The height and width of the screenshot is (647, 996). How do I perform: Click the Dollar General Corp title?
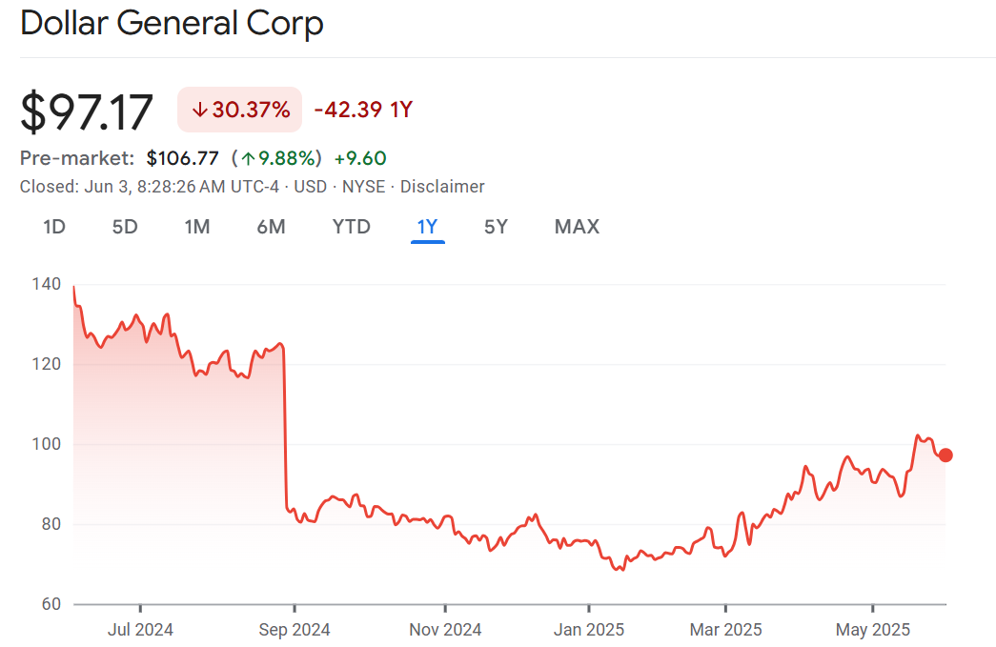pos(172,24)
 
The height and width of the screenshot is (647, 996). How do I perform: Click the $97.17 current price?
pos(87,111)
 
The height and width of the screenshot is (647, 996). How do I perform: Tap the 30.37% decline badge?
pos(240,110)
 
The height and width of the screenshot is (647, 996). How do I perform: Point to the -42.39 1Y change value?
pos(363,110)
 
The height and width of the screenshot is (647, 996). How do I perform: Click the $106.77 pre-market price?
pos(182,158)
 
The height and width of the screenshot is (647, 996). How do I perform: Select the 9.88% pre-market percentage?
pos(281,158)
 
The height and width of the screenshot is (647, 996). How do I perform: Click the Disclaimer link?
pos(442,187)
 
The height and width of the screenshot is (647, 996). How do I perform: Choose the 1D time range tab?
pos(54,227)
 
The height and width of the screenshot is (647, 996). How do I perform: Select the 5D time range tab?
pos(125,227)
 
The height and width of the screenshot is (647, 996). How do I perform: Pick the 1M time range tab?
pos(197,227)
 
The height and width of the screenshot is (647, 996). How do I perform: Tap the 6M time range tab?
pos(271,227)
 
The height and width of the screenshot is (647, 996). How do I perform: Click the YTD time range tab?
pos(351,227)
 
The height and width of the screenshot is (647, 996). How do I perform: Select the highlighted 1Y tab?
pos(427,227)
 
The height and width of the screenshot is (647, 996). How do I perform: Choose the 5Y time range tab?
pos(496,227)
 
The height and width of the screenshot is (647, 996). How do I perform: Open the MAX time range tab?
pos(577,227)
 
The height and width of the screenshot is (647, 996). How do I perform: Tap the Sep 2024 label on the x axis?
pos(294,630)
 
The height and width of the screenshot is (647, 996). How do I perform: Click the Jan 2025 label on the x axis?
pos(589,630)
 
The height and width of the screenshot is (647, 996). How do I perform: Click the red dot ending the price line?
pos(945,455)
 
